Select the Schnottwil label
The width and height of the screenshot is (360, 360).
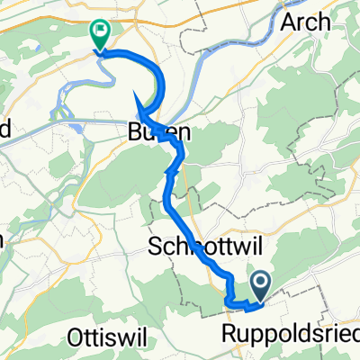pos(190,247)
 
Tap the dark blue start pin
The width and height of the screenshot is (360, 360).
pos(261,287)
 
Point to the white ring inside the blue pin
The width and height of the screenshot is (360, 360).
pos(261,283)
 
